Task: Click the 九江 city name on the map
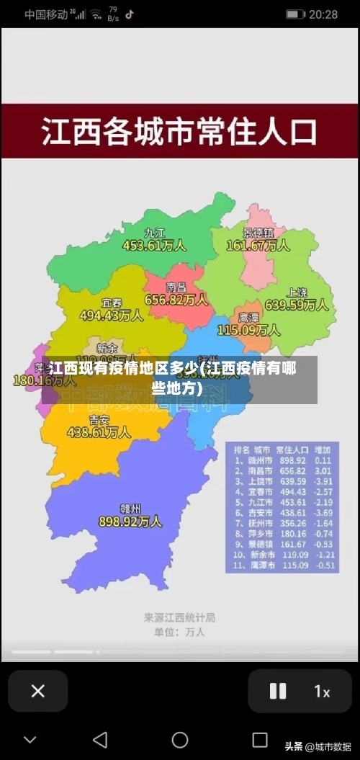pyautogui.click(x=155, y=233)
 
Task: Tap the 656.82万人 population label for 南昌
pyautogui.click(x=176, y=299)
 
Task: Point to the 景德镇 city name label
pyautogui.click(x=258, y=233)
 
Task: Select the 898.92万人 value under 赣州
pyautogui.click(x=130, y=520)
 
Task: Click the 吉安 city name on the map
pyautogui.click(x=99, y=419)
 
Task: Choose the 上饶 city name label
pyautogui.click(x=297, y=292)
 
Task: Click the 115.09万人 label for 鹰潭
pyautogui.click(x=248, y=330)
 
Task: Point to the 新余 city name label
pyautogui.click(x=107, y=347)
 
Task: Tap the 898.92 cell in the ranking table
pyautogui.click(x=292, y=460)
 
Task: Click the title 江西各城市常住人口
pyautogui.click(x=179, y=132)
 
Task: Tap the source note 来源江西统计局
pyautogui.click(x=179, y=617)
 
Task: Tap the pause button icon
pyautogui.click(x=277, y=691)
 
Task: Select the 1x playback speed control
pyautogui.click(x=322, y=692)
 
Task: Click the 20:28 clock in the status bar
pyautogui.click(x=323, y=14)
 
